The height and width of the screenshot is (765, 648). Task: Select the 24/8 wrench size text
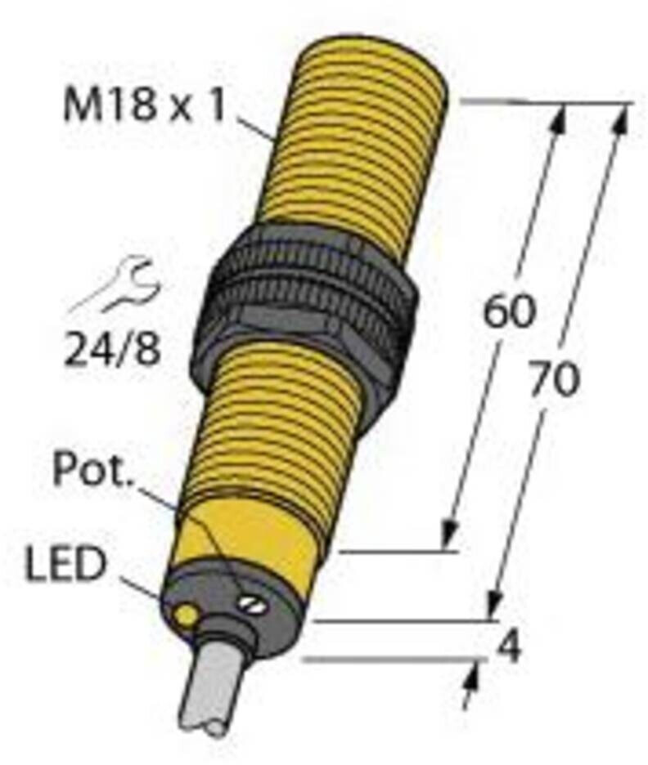coord(113,350)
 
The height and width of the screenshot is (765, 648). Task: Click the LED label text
coord(65,565)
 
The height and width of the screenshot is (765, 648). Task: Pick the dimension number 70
coord(554,379)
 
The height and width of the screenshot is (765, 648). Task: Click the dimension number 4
coord(509,648)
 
